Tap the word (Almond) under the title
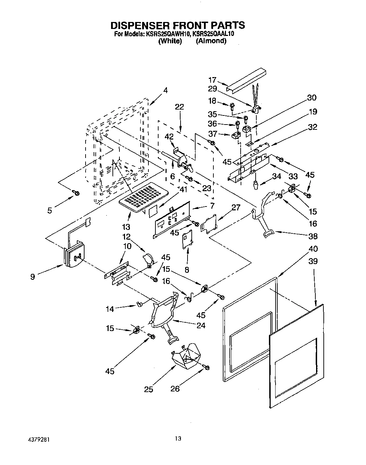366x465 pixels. pos(211,41)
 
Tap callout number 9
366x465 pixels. pos(32,278)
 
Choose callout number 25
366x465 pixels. pos(149,389)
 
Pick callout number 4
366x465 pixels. pos(165,90)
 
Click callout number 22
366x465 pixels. pos(180,107)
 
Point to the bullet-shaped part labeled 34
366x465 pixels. pos(256,184)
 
